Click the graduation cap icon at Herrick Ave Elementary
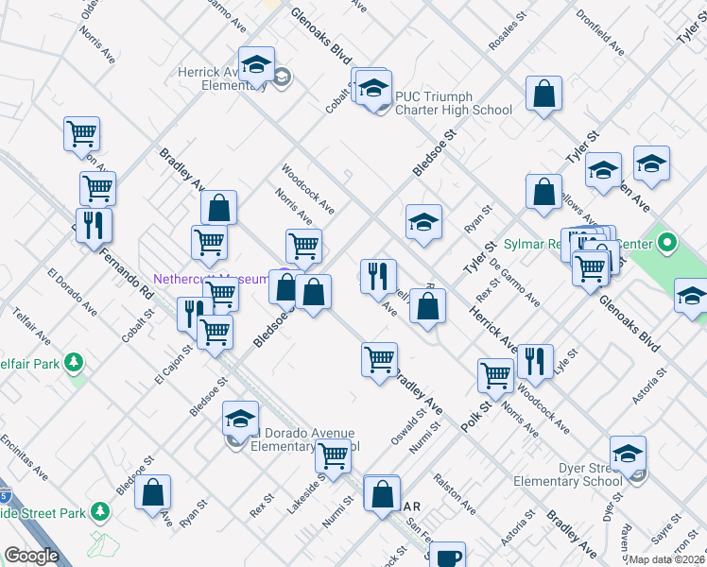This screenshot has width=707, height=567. (256, 65)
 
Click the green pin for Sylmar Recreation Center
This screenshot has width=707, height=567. (666, 244)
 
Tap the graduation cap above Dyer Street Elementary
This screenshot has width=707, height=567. (628, 455)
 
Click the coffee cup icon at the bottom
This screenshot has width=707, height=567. (446, 556)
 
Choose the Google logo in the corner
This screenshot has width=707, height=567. (31, 556)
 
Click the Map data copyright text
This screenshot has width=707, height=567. (666, 559)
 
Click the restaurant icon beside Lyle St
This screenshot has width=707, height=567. (535, 362)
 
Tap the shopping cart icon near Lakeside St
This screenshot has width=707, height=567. (333, 455)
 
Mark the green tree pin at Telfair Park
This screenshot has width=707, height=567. (73, 363)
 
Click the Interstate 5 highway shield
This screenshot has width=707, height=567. (5, 493)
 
